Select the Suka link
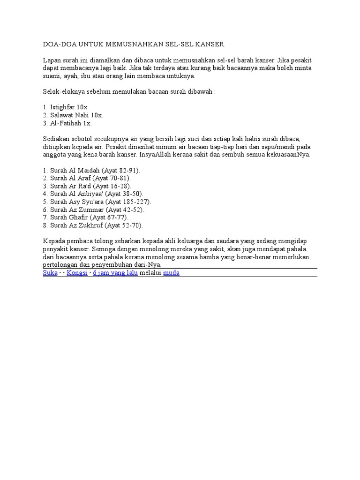coord(50,273)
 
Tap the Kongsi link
coord(77,273)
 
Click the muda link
coord(171,273)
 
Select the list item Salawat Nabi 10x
coord(73,115)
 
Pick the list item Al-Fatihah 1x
coord(67,123)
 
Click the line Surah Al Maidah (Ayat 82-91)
coord(91,171)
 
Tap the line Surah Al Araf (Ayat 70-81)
coord(87,179)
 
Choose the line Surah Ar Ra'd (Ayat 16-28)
coord(87,186)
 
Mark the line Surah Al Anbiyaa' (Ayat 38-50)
coord(93,194)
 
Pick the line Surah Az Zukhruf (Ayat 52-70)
coord(93,225)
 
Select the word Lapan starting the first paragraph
coord(52,60)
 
